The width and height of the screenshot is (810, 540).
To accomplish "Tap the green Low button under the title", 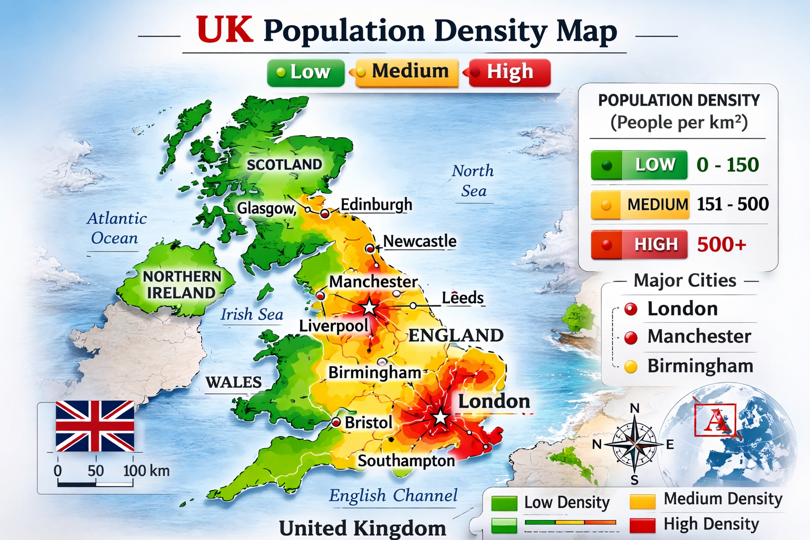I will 305,72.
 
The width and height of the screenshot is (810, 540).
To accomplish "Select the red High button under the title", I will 509,72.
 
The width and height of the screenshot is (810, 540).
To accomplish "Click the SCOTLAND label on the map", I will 284,165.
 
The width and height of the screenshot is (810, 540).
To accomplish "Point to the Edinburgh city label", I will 376,205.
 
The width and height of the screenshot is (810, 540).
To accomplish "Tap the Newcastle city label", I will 420,241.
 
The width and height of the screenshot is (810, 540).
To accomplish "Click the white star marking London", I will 440,418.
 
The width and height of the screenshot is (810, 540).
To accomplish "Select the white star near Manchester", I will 369,307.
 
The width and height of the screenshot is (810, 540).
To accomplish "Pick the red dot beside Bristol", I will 336,422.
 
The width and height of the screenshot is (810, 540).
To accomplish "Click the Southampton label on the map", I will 406,461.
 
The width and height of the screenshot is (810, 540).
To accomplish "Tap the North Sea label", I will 473,181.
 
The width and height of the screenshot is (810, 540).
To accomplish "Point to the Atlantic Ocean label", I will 116,228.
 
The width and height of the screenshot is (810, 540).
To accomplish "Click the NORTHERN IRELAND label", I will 181,284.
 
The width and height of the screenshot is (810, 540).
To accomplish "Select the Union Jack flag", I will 95,426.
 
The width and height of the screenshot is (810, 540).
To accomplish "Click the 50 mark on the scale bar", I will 95,470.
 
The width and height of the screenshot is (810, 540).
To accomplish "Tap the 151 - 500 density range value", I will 732,204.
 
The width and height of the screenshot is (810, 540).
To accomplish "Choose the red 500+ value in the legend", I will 721,244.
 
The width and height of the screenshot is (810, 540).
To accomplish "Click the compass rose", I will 634,445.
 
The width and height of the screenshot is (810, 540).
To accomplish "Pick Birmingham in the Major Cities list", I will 700,366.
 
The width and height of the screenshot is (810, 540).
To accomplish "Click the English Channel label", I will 393,496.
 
